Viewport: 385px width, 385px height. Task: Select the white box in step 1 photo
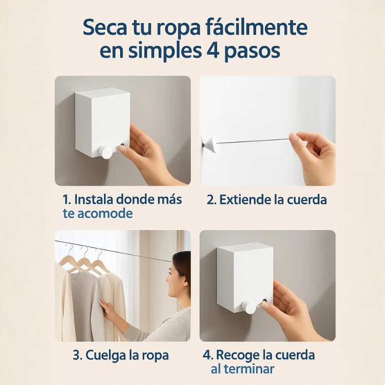(x=102, y=119)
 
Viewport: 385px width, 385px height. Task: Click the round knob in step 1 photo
(x=105, y=151)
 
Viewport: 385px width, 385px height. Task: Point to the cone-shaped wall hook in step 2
(x=210, y=144)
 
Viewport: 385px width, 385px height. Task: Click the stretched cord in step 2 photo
(x=252, y=141)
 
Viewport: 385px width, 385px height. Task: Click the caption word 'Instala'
(x=93, y=199)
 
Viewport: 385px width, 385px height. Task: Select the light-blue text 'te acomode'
(x=98, y=214)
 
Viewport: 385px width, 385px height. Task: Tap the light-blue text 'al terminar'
(x=242, y=369)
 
